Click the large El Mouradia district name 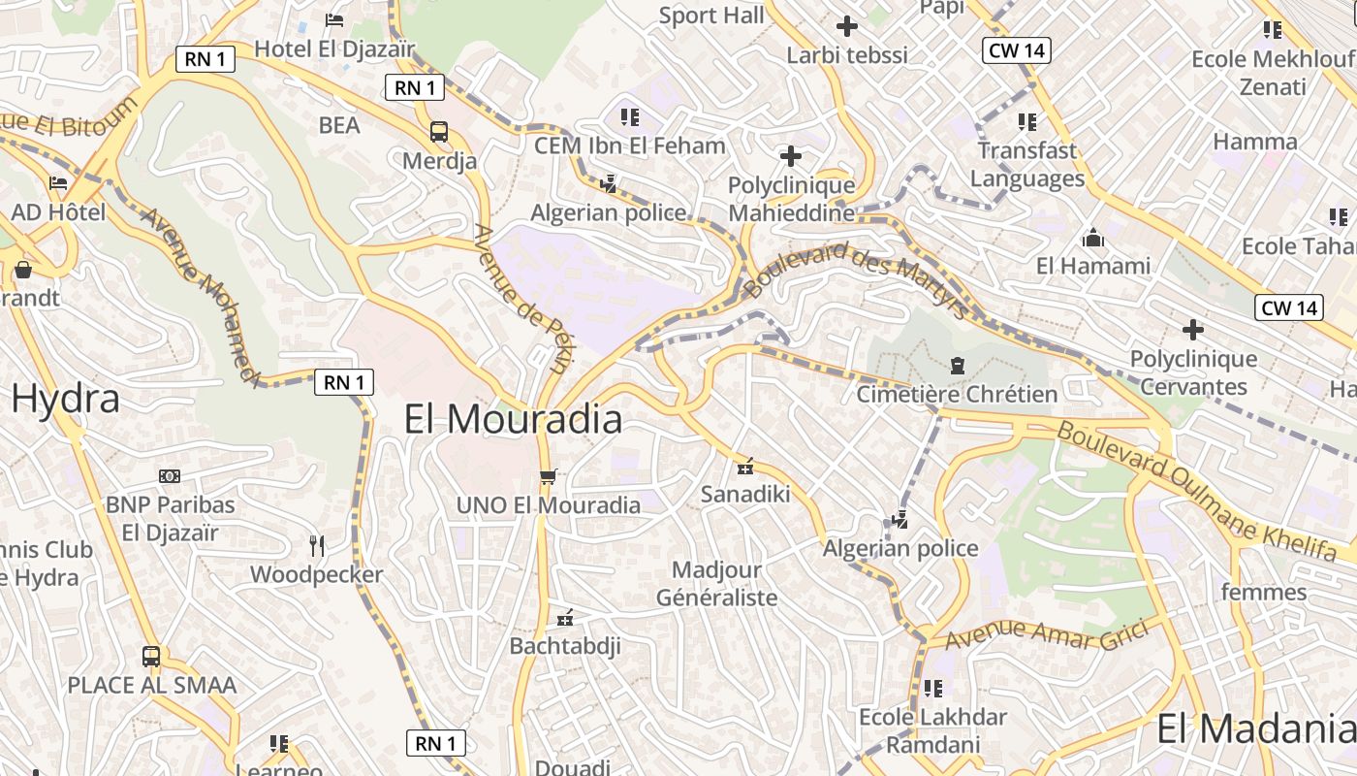point(513,419)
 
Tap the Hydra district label point(66,398)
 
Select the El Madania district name point(1256,728)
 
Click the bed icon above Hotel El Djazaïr point(334,19)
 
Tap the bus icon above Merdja point(438,131)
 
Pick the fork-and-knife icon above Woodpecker point(316,545)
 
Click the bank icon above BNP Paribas point(170,476)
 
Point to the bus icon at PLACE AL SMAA point(151,657)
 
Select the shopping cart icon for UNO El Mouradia point(548,476)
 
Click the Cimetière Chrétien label point(957,394)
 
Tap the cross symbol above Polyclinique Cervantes point(1192,330)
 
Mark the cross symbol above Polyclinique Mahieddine point(791,155)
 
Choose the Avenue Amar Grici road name point(1047,634)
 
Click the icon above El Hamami point(1093,237)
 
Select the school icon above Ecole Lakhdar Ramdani point(933,689)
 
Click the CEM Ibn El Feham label point(630,145)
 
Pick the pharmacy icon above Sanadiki point(744,467)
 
